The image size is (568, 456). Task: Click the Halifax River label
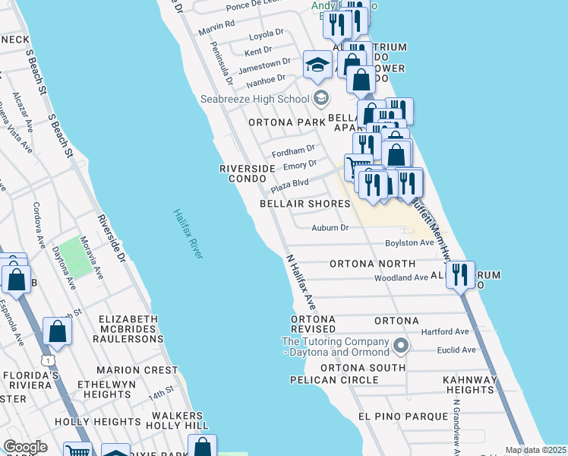point(188,234)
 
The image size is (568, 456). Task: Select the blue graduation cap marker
point(317,65)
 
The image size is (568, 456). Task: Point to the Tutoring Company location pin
point(401,347)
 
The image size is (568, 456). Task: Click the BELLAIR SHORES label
point(305,204)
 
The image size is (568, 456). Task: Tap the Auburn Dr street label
point(330,227)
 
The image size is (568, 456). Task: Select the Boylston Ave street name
point(409,242)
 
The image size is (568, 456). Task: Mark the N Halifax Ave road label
point(299,281)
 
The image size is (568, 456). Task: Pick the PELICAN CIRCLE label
point(334,379)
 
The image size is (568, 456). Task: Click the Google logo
point(24,447)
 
